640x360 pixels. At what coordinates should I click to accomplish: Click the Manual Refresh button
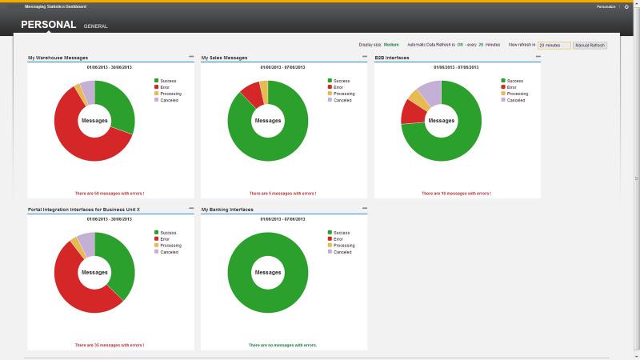pyautogui.click(x=590, y=46)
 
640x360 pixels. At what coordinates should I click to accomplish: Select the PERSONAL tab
pyautogui.click(x=48, y=25)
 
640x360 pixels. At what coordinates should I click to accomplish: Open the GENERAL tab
pyautogui.click(x=95, y=26)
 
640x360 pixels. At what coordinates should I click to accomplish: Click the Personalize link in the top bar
pyautogui.click(x=606, y=6)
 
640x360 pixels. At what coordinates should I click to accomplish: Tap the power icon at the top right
pyautogui.click(x=626, y=6)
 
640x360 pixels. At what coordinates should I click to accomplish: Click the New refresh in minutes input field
pyautogui.click(x=554, y=46)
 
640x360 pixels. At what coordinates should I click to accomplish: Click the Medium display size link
pyautogui.click(x=391, y=45)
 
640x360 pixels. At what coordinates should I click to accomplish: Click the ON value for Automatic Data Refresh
pyautogui.click(x=461, y=45)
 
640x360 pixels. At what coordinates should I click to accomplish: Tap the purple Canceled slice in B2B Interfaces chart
pyautogui.click(x=430, y=92)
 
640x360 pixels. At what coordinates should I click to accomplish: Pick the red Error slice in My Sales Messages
pyautogui.click(x=251, y=93)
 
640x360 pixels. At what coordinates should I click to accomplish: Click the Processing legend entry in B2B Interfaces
pyautogui.click(x=517, y=94)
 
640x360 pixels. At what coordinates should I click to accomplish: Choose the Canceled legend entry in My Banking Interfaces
pyautogui.click(x=342, y=252)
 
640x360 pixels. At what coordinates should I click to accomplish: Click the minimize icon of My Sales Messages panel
pyautogui.click(x=365, y=57)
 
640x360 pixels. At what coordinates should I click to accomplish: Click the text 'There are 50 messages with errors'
pyautogui.click(x=110, y=193)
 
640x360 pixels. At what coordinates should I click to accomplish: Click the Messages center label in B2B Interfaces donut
pyautogui.click(x=441, y=121)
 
